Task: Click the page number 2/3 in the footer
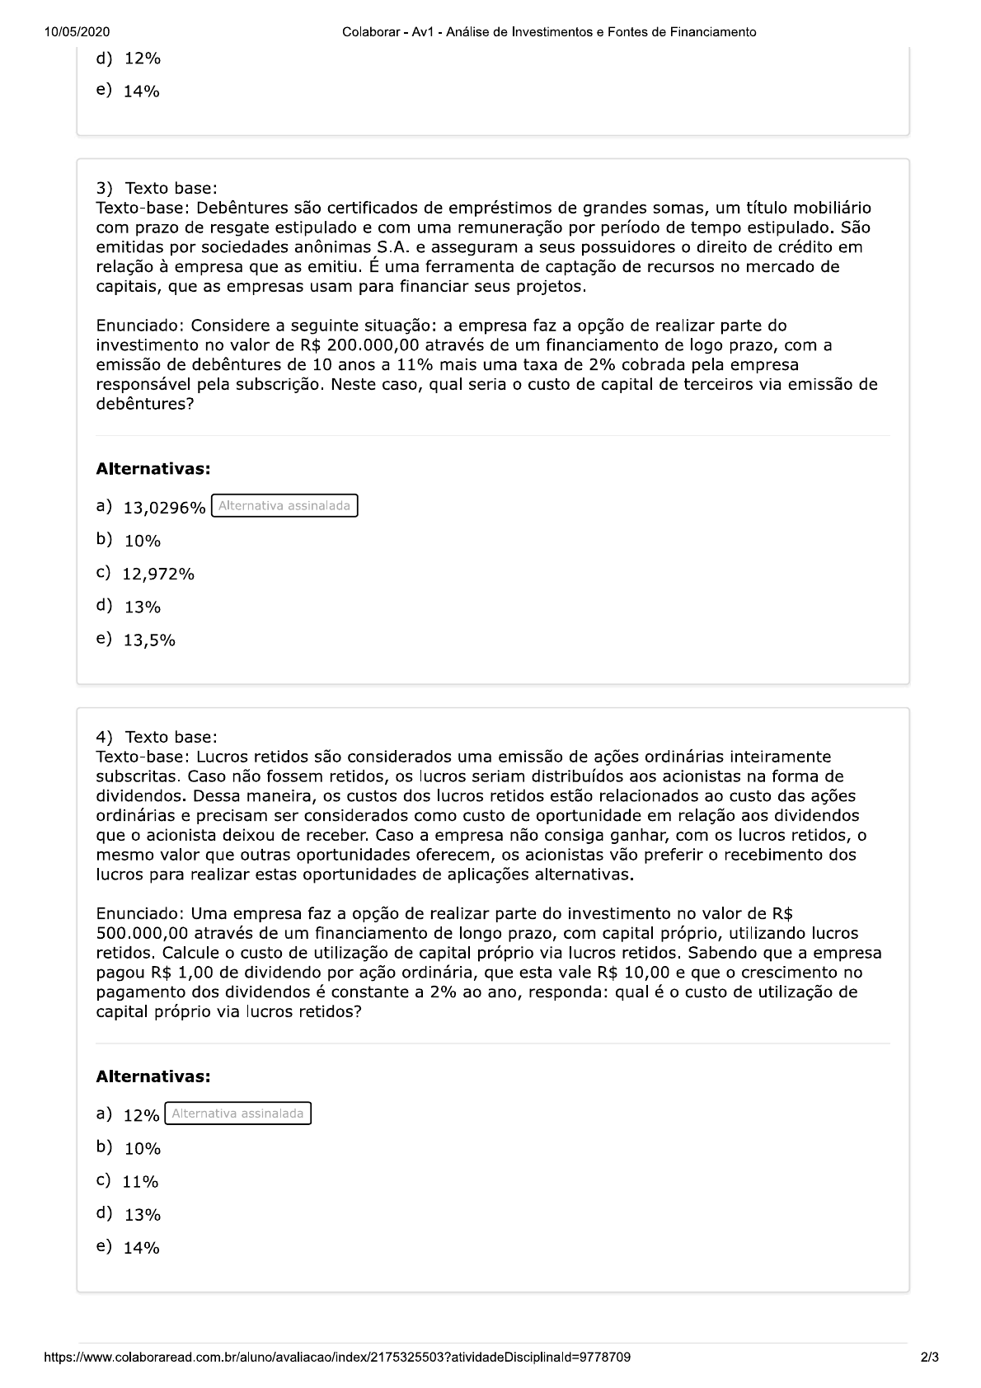(929, 1357)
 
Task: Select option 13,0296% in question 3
(163, 508)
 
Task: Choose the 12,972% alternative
(157, 574)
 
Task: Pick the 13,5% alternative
(149, 640)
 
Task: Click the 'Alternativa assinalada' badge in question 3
(284, 506)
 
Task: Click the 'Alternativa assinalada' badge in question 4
(237, 1114)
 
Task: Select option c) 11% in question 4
(140, 1182)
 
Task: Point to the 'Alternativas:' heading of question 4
(153, 1076)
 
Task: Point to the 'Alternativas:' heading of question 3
(153, 469)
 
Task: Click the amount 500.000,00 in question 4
(143, 933)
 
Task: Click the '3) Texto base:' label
(157, 189)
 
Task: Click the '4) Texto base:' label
(157, 737)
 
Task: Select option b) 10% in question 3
(142, 542)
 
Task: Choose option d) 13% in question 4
(142, 1215)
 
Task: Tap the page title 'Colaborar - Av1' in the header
(387, 32)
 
